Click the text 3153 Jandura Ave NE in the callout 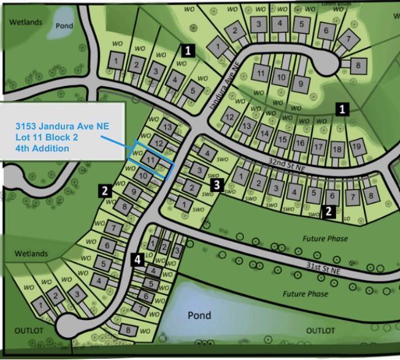[62, 125]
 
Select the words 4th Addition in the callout [42, 148]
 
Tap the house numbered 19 [356, 147]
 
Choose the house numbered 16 [299, 144]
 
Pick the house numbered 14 [264, 132]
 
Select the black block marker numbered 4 [138, 259]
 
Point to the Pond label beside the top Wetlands [64, 26]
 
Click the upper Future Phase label [325, 238]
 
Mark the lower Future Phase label [305, 294]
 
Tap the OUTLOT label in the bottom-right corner [320, 331]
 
